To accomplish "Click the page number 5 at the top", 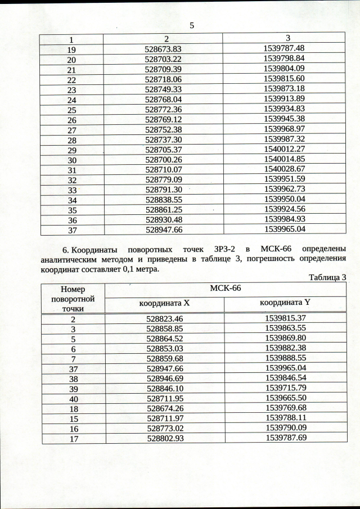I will click(x=192, y=25).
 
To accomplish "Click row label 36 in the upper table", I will click(x=72, y=220).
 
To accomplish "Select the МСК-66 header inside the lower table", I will click(x=225, y=289).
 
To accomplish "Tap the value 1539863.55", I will click(x=285, y=328).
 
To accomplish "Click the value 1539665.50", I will click(x=285, y=398).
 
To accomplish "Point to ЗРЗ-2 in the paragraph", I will click(x=213, y=249).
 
